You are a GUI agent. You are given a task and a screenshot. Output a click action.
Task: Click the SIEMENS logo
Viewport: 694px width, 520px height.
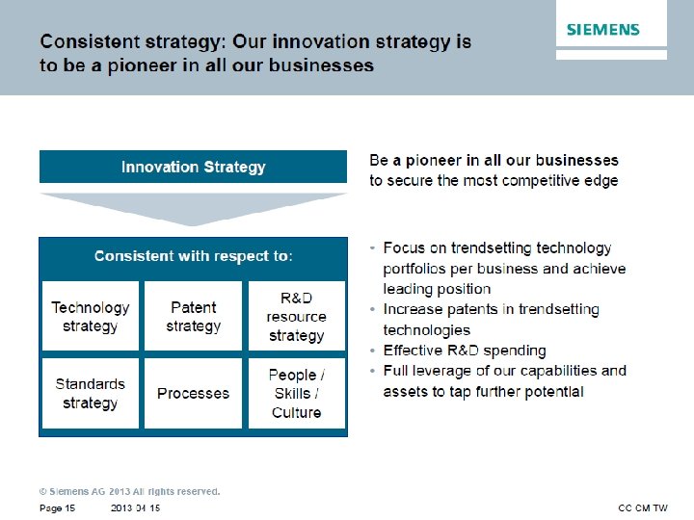pyautogui.click(x=603, y=29)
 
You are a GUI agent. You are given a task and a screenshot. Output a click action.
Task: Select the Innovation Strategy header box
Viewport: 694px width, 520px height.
pyautogui.click(x=193, y=167)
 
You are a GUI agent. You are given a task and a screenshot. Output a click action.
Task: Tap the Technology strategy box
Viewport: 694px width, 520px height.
pyautogui.click(x=90, y=316)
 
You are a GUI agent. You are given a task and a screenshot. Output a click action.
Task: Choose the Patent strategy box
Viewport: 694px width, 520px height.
pyautogui.click(x=193, y=316)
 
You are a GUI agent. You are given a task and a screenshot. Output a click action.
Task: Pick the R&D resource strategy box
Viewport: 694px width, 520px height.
pyautogui.click(x=296, y=316)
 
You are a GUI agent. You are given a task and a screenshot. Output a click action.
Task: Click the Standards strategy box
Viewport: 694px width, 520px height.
pyautogui.click(x=90, y=393)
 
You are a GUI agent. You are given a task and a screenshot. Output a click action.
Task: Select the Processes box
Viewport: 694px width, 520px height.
pyautogui.click(x=193, y=393)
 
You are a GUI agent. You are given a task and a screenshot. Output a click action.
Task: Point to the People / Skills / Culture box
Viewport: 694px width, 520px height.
pyautogui.click(x=296, y=393)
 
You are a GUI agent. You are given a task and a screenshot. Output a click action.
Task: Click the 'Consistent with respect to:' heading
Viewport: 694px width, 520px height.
pyautogui.click(x=193, y=256)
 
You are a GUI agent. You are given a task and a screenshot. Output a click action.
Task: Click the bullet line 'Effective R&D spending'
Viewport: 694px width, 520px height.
pyautogui.click(x=464, y=351)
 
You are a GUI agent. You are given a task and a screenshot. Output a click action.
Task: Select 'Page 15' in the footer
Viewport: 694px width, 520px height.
pyautogui.click(x=57, y=507)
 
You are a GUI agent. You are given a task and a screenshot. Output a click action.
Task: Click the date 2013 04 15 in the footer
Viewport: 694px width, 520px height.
pyautogui.click(x=135, y=507)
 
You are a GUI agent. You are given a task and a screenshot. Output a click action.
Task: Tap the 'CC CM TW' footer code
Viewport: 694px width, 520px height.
pyautogui.click(x=642, y=507)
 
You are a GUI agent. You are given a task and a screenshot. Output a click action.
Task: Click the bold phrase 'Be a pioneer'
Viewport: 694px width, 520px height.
pyautogui.click(x=413, y=160)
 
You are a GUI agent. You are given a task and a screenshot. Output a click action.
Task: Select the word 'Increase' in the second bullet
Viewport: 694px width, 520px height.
pyautogui.click(x=413, y=309)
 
